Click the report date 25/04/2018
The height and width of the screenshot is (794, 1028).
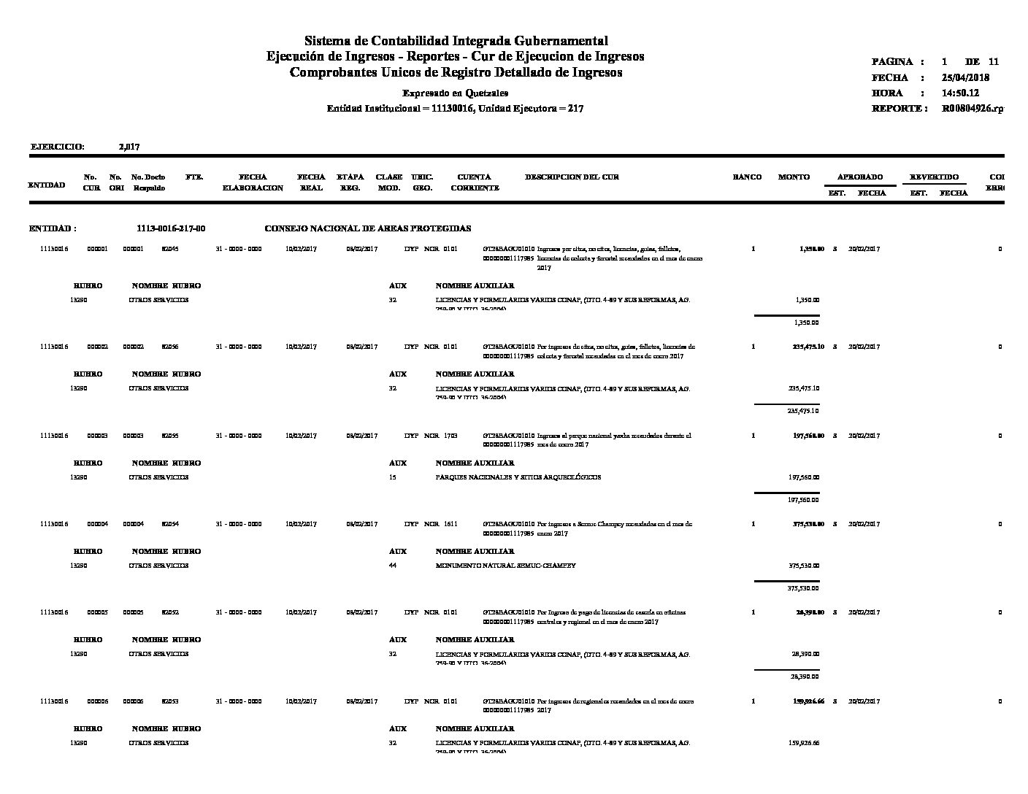point(965,77)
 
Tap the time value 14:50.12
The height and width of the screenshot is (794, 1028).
point(960,93)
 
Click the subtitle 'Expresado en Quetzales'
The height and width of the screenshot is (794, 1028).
point(455,93)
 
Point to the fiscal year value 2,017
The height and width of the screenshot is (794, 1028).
point(129,147)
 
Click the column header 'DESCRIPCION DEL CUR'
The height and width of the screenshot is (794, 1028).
point(572,177)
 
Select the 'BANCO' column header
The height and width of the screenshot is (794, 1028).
point(747,177)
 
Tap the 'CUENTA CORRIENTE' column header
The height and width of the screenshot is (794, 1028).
point(475,182)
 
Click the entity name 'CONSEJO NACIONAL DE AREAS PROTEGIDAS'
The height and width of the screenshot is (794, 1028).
point(367,228)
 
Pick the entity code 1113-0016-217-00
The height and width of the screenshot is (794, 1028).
point(171,228)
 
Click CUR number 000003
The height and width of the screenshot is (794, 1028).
point(97,436)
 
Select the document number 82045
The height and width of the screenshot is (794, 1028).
point(170,249)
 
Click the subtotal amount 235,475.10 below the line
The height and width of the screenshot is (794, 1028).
point(803,411)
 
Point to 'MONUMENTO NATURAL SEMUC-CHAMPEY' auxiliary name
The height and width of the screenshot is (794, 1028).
point(505,566)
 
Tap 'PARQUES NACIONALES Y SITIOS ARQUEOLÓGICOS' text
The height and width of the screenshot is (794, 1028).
point(518,477)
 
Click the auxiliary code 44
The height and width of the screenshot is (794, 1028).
point(393,566)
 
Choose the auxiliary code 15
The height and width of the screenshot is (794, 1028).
point(393,477)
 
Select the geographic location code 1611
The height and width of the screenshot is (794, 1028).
point(450,524)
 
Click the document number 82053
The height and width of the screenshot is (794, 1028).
point(170,701)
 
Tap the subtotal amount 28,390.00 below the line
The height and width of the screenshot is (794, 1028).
point(805,677)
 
